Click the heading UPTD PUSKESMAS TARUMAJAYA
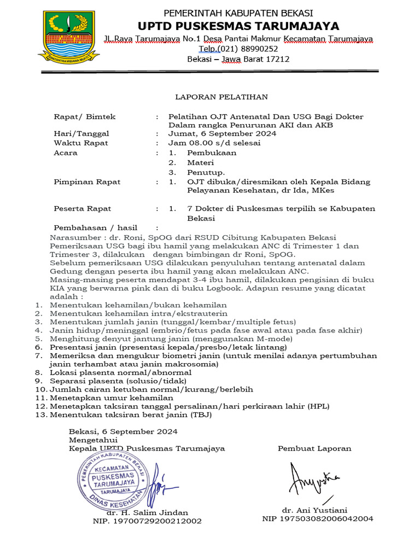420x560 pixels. pyautogui.click(x=238, y=26)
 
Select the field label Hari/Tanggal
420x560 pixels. pyautogui.click(x=81, y=133)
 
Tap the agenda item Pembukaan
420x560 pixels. pyautogui.click(x=211, y=153)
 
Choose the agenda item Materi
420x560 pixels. pyautogui.click(x=200, y=162)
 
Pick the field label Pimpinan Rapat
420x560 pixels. pyautogui.click(x=86, y=182)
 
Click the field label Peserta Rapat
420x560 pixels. pyautogui.click(x=82, y=208)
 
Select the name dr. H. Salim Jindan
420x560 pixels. pyautogui.click(x=147, y=512)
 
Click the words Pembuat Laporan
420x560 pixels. pyautogui.click(x=314, y=448)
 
